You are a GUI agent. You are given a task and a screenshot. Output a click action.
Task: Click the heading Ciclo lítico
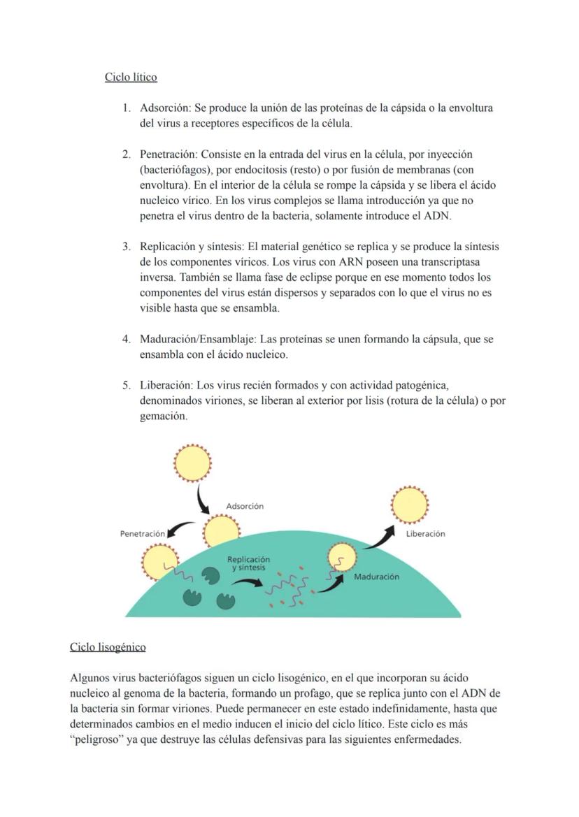[x=131, y=77]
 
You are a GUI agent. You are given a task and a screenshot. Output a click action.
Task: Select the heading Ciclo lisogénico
[x=108, y=647]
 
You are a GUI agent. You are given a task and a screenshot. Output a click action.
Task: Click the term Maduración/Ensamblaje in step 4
[x=197, y=340]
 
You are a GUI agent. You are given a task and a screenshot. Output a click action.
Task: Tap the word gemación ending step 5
[x=163, y=416]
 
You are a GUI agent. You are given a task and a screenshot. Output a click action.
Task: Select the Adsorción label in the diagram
[x=245, y=506]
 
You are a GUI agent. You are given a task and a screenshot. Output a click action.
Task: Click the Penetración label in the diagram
[x=143, y=533]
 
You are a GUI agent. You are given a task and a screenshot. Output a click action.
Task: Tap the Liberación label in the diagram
[x=425, y=533]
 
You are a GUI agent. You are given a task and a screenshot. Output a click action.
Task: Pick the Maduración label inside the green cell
[x=376, y=577]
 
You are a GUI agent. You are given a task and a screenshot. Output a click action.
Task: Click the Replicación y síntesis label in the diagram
[x=248, y=563]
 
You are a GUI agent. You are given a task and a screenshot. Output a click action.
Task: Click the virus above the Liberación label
[x=410, y=503]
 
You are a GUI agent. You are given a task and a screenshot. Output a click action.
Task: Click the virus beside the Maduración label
[x=342, y=558]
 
